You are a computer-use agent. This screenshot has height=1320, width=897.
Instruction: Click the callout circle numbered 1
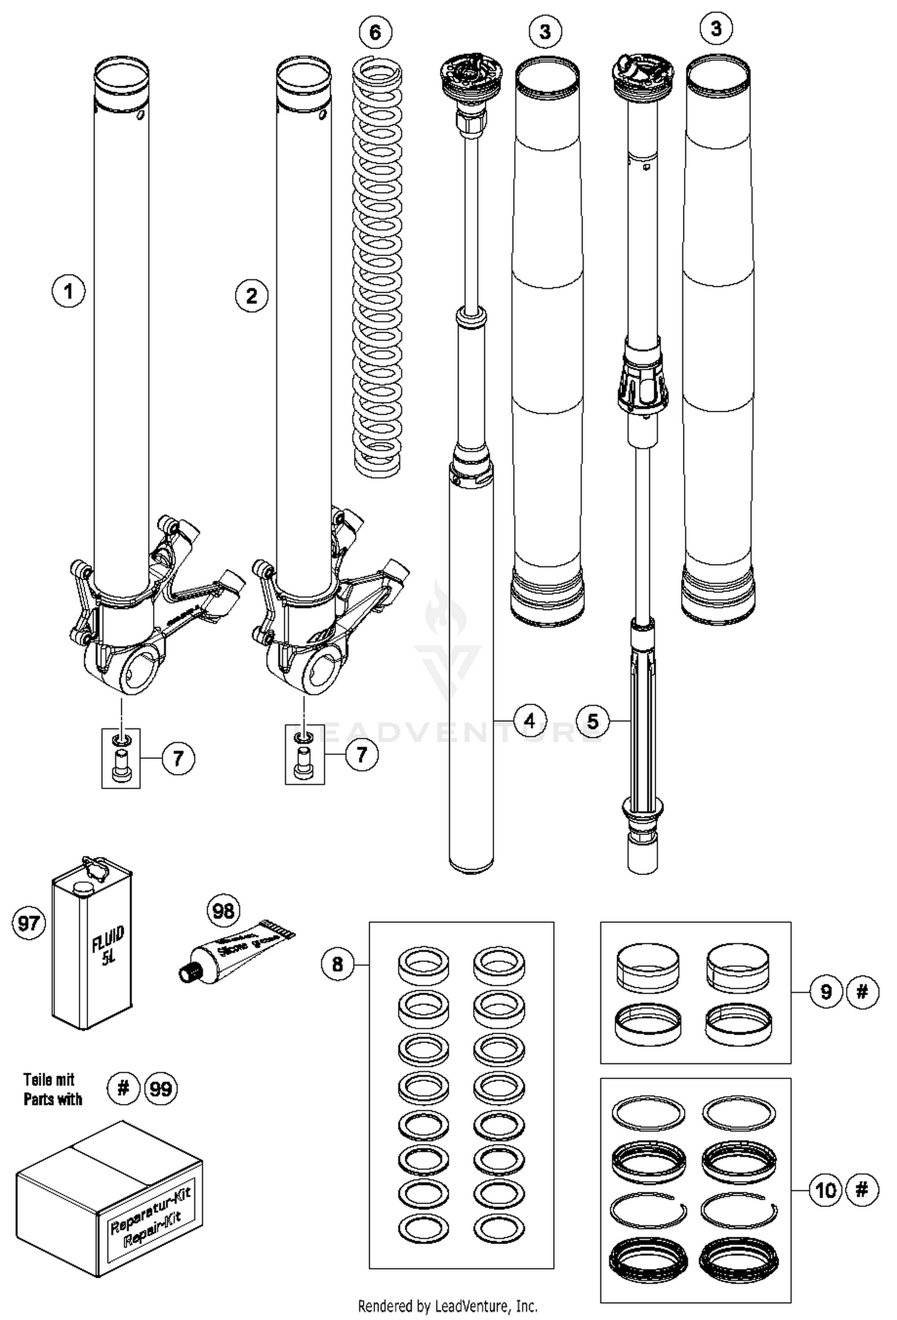tap(68, 292)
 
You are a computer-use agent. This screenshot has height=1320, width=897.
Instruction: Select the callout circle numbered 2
tap(251, 295)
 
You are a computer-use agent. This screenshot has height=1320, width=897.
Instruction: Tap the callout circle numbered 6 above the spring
tap(375, 32)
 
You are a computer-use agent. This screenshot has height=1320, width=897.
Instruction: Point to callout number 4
tap(529, 721)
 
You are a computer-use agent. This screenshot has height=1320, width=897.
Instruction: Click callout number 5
tap(592, 721)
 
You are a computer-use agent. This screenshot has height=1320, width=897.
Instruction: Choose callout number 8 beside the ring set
tap(338, 964)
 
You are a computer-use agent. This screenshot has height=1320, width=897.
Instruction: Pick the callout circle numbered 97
tap(28, 923)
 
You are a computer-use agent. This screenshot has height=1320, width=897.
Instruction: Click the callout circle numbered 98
tap(223, 911)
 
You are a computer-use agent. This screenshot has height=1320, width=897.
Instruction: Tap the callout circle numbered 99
tap(160, 1089)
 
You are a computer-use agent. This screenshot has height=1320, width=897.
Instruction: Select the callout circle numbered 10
tap(826, 1190)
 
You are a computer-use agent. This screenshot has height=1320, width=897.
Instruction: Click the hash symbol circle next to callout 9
tap(862, 992)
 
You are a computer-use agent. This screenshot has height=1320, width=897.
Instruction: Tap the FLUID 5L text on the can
tap(108, 946)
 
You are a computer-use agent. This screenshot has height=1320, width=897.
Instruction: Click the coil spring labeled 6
tap(377, 263)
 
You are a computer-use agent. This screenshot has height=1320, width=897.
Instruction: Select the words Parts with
tap(53, 1099)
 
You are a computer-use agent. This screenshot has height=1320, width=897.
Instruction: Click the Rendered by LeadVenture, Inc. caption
tap(447, 1305)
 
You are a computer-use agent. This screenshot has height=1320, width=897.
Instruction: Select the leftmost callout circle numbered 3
tap(545, 32)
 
